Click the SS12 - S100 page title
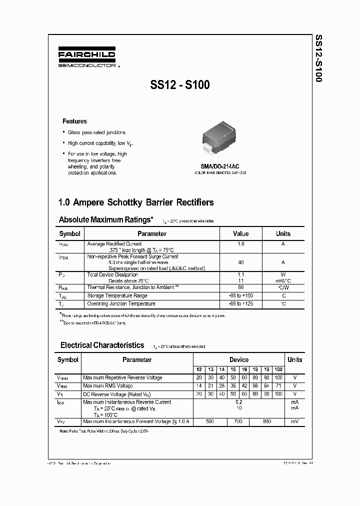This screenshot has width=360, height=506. tap(179, 85)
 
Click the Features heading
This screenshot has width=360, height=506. tap(74, 121)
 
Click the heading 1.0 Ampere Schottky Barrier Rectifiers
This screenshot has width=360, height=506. tap(136, 202)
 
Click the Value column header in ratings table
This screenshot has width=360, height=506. tap(240, 233)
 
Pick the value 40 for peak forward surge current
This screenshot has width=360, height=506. tap(240, 262)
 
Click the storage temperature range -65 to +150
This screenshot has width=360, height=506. tap(240, 295)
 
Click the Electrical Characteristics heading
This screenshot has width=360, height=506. tap(102, 345)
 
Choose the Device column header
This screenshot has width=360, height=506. tap(238, 359)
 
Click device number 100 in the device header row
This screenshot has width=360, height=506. tap(278, 369)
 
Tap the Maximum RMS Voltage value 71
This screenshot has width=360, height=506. tap(278, 386)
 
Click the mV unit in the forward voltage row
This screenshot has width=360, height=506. tap(294, 422)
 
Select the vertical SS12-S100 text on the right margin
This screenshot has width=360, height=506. tap(319, 58)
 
